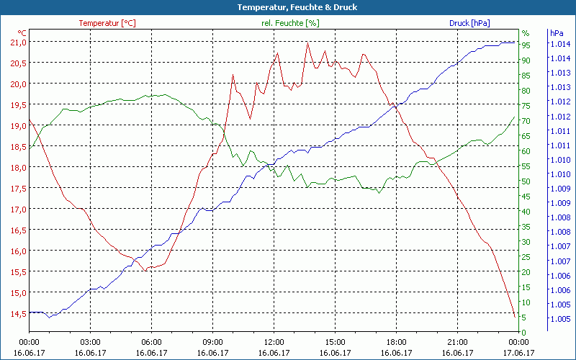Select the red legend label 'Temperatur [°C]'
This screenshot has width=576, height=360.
point(107,23)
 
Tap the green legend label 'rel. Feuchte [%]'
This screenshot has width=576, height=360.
point(290,23)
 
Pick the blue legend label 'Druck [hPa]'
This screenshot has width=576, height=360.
point(469,23)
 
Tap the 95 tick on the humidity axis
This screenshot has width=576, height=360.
point(526,45)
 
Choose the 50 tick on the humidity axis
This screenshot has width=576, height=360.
point(526,181)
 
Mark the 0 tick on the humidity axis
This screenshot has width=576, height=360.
point(524,332)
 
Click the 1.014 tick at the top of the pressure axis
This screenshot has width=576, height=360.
point(560,44)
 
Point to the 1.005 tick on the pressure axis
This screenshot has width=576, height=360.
point(560,319)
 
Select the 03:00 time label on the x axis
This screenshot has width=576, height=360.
point(90,342)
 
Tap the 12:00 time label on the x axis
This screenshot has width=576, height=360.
point(274,342)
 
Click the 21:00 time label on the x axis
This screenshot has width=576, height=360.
point(457,342)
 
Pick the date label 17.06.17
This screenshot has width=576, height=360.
point(518,353)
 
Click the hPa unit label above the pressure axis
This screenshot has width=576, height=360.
point(557,33)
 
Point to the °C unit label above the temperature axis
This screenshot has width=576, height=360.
point(22,33)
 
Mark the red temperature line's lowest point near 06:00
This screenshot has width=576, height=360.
point(146,270)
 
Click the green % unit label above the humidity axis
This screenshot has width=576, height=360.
point(526,33)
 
